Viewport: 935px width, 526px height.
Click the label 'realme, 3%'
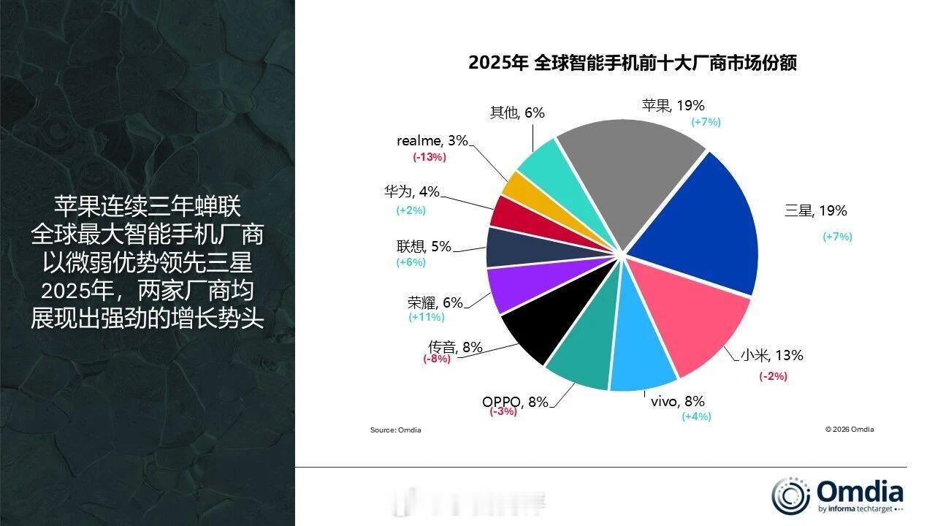tap(432, 141)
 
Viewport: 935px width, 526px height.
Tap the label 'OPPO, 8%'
tap(514, 402)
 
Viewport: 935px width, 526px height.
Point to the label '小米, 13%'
tap(771, 356)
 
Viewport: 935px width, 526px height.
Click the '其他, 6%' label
tap(517, 113)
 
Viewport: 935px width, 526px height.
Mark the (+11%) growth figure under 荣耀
tap(427, 317)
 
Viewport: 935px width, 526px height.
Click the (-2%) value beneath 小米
tap(773, 376)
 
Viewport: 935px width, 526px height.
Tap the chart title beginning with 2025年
tap(633, 64)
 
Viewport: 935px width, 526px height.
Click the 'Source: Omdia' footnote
tap(395, 430)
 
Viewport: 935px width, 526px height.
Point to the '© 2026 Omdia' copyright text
tap(850, 430)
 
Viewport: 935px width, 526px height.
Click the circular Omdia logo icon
tap(790, 495)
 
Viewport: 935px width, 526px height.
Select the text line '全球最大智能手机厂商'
tap(147, 236)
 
